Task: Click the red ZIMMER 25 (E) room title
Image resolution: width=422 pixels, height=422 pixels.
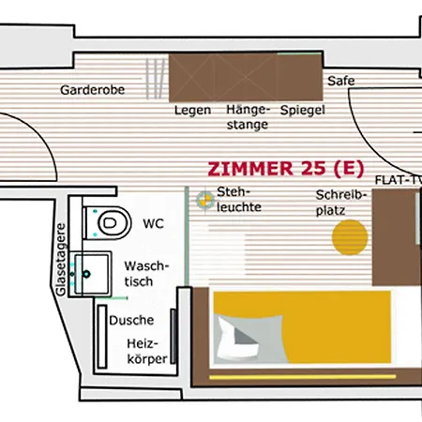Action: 286,169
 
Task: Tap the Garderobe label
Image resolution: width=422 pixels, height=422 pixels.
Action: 93,90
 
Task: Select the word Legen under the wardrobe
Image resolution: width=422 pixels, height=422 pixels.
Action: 192,111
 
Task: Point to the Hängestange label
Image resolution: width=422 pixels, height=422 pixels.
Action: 248,117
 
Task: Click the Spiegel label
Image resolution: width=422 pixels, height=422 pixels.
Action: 303,111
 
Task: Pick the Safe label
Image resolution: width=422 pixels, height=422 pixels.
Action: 341,81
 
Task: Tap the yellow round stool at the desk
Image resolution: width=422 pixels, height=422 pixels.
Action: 350,237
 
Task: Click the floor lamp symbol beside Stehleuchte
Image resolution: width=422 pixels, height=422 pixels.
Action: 205,200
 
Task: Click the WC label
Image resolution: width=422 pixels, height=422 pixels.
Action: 153,224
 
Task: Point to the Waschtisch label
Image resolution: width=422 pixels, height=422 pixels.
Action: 146,274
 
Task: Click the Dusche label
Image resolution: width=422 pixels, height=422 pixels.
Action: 131,321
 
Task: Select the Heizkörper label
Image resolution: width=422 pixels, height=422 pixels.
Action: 147,352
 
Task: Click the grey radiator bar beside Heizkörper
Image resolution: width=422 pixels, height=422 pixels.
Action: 173,337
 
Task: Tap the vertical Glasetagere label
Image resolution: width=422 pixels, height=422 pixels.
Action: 61,260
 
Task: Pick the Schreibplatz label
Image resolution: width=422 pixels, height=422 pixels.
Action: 340,203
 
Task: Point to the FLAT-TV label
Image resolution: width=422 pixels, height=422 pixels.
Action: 399,180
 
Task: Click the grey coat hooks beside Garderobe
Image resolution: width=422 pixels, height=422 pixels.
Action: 156,79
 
